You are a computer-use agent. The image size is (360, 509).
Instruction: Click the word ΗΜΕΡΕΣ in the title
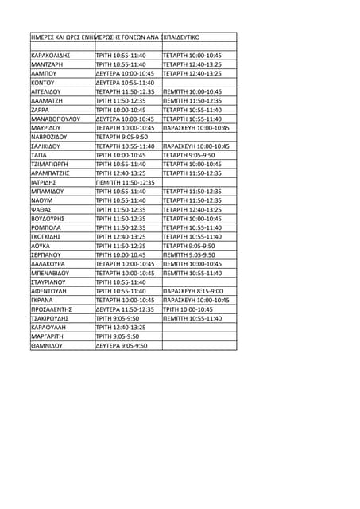(x=42, y=37)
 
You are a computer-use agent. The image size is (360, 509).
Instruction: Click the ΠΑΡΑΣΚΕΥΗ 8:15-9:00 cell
(x=193, y=291)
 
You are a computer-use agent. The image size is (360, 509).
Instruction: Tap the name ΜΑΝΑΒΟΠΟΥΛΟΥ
(x=56, y=119)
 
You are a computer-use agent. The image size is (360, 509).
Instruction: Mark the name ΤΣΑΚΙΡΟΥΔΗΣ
(x=52, y=318)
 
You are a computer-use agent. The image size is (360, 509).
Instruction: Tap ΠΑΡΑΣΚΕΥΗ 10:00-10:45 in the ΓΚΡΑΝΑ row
(x=196, y=301)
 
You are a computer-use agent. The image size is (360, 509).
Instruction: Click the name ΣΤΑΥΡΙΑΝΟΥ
(x=48, y=282)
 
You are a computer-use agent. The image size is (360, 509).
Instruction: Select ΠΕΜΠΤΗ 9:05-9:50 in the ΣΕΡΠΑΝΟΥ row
(x=188, y=255)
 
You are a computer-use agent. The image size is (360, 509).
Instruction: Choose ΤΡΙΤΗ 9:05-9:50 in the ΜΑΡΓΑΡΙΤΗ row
(x=117, y=336)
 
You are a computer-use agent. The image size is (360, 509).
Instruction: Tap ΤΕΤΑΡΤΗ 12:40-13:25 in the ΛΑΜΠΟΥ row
(x=192, y=73)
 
